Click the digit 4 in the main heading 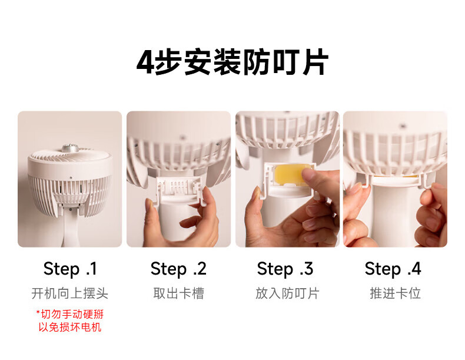tap(145, 62)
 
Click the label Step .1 tap(70, 269)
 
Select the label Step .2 tap(178, 269)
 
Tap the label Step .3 tap(285, 269)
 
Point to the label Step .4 tap(393, 269)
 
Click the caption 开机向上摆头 tap(70, 293)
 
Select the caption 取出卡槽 tap(178, 293)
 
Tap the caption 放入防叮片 tap(287, 293)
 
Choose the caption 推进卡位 tap(396, 293)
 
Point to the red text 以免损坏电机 tap(70, 327)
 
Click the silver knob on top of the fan tap(70, 148)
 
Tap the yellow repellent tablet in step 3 tap(289, 174)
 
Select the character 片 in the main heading tap(315, 62)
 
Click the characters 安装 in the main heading tap(212, 62)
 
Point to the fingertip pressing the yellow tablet tap(309, 175)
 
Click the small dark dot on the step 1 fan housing tap(71, 178)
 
